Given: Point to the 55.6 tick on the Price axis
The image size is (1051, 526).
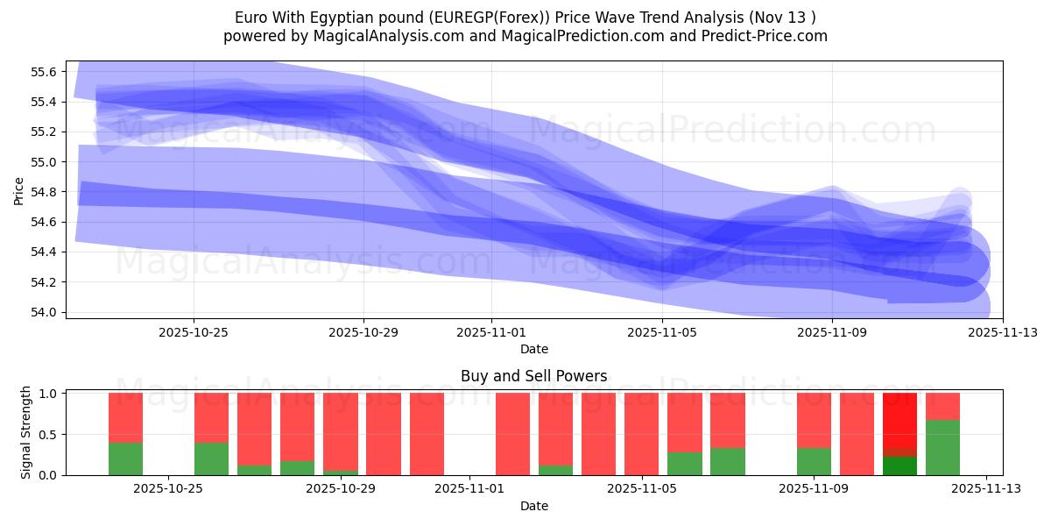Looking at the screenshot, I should tap(43, 72).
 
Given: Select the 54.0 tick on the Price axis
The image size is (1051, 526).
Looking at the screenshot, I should tap(43, 312).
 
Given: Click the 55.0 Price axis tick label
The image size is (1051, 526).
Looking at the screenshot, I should tap(43, 162).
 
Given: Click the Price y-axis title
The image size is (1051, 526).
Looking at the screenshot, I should tap(19, 189).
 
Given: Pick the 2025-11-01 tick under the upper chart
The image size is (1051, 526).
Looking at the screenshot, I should tap(491, 332).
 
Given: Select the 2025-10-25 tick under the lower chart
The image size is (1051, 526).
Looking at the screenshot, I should tap(168, 489).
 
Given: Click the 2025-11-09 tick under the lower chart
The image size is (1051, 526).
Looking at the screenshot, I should tap(814, 489).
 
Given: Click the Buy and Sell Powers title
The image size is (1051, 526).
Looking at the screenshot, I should tap(533, 376).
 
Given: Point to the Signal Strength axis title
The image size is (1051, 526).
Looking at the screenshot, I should tap(26, 432).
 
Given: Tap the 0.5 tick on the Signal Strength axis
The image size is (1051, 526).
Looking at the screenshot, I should tap(48, 434).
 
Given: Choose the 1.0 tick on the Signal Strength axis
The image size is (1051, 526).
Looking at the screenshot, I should tap(48, 394).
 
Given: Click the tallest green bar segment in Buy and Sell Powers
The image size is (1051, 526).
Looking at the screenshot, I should tap(942, 448).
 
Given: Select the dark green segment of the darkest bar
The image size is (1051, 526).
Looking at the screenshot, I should tap(899, 466).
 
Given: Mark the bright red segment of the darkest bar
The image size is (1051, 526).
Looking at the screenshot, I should tap(899, 419).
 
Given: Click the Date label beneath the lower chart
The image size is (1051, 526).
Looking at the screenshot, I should tap(533, 506).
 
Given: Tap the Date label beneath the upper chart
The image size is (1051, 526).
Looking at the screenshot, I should tap(533, 349).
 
